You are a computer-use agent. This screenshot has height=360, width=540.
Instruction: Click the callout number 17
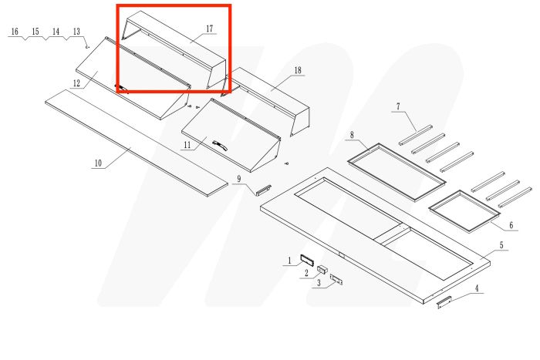tap(209, 29)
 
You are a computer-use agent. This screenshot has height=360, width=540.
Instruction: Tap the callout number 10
tap(98, 163)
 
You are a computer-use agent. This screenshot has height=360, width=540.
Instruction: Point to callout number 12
tap(77, 82)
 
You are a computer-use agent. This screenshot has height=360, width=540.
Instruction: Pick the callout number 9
tap(238, 179)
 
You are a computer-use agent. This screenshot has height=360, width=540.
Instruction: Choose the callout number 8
tap(352, 135)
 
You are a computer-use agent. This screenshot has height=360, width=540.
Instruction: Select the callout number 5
tap(501, 245)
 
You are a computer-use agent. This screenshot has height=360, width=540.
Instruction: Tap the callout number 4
tap(477, 288)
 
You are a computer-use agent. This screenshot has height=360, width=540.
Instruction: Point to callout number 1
tap(290, 261)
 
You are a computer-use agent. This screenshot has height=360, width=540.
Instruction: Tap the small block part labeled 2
tap(322, 270)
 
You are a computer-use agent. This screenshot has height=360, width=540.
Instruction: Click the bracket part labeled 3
tap(337, 280)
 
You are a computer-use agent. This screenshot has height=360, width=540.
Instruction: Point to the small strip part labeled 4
tap(446, 301)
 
